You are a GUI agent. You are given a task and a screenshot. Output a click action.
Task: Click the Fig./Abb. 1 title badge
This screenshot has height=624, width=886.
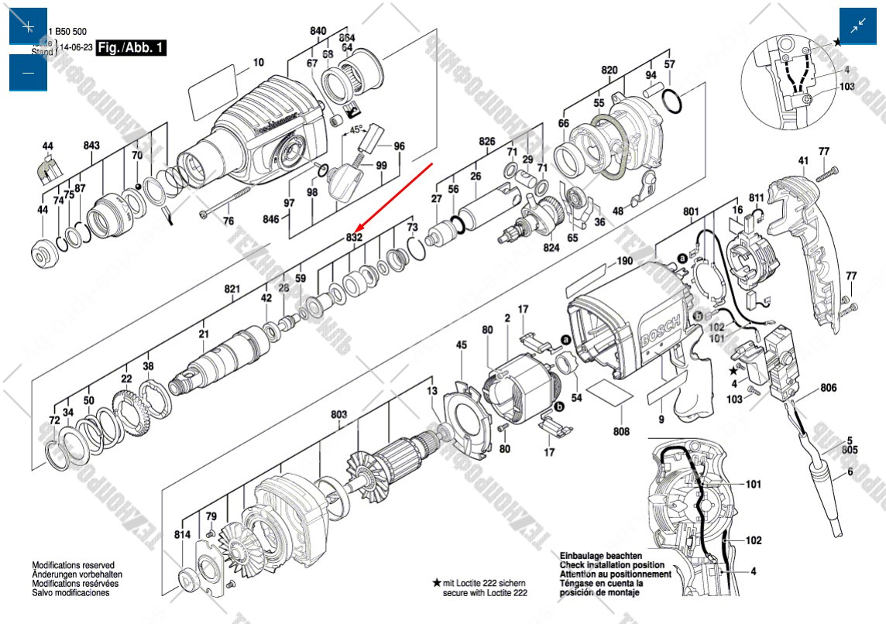pyautogui.click(x=132, y=48)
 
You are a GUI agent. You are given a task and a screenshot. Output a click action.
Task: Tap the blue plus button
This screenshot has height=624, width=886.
pyautogui.click(x=28, y=26)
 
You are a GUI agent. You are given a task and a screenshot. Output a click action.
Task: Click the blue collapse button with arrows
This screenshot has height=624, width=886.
pyautogui.click(x=858, y=26)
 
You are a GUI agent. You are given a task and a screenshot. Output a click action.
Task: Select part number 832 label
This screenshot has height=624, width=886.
pyautogui.click(x=354, y=238)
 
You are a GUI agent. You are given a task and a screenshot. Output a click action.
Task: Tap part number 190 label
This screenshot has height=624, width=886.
pyautogui.click(x=624, y=262)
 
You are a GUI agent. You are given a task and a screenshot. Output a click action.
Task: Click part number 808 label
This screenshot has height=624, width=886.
pyautogui.click(x=621, y=431)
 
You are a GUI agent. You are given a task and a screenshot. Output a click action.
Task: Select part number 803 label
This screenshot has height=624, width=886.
pyautogui.click(x=338, y=415)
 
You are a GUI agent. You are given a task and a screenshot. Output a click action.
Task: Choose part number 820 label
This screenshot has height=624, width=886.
pyautogui.click(x=610, y=70)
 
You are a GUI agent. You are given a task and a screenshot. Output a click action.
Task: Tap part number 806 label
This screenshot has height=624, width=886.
pyautogui.click(x=829, y=388)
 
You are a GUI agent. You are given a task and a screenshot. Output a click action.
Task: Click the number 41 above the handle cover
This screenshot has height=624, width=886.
pyautogui.click(x=802, y=160)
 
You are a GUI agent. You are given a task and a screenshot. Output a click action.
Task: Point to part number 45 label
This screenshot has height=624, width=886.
pyautogui.click(x=462, y=345)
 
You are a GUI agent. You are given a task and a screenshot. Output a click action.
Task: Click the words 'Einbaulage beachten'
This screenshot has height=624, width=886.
pyautogui.click(x=600, y=556)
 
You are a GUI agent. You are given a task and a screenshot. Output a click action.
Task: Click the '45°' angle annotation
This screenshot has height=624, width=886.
pyautogui.click(x=355, y=130)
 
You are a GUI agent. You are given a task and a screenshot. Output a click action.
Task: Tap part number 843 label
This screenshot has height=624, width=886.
pyautogui.click(x=91, y=146)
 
